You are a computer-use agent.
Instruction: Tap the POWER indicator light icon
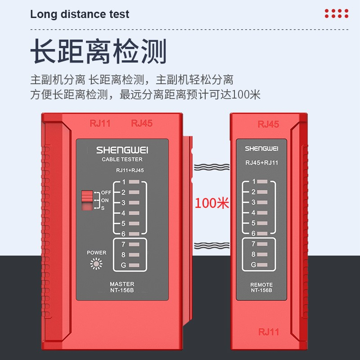pos(96,264)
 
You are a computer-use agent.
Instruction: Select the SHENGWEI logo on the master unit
pos(122,150)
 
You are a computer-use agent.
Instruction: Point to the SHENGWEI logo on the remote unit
pos(261,148)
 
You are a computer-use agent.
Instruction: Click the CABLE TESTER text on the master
pos(122,159)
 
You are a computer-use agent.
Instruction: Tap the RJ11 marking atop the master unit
pos(100,123)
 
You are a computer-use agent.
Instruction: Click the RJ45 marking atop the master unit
pos(142,123)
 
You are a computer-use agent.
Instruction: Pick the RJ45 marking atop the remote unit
pos(268,125)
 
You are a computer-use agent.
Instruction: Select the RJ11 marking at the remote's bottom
pos(269,332)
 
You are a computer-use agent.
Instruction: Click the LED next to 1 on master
pos(134,182)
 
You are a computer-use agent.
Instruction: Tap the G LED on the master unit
pos(134,265)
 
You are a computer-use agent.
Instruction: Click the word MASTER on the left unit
pos(122,284)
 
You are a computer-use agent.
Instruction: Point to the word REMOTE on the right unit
pos(261,285)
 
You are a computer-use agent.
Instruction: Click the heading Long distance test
pos(80,14)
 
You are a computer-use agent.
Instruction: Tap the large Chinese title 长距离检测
pos(99,51)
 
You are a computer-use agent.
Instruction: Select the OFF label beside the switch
pos(106,193)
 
